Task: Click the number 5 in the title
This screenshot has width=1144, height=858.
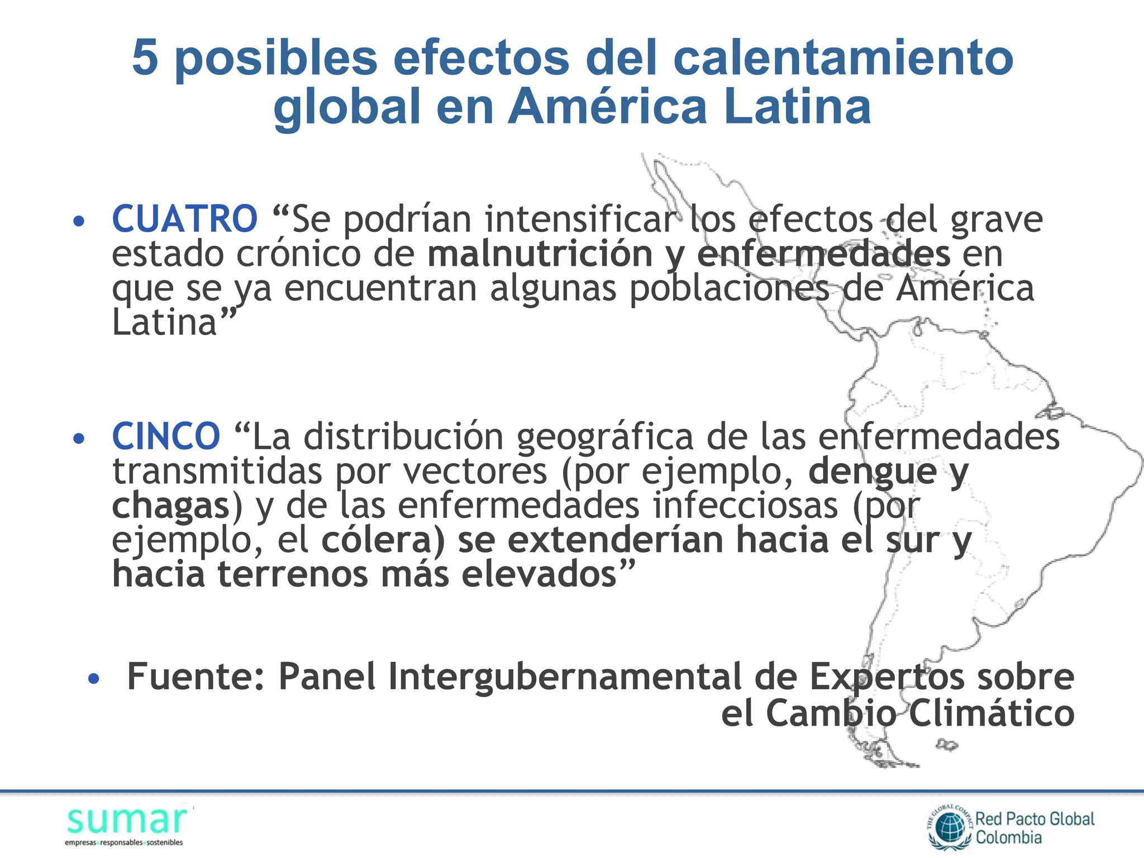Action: (x=145, y=58)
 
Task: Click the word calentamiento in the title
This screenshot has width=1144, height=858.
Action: (x=843, y=59)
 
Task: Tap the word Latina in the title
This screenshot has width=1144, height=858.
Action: (x=797, y=107)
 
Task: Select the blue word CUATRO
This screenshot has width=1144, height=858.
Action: (x=184, y=219)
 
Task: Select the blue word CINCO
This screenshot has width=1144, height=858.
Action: (x=166, y=436)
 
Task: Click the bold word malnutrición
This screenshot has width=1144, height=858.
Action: (x=540, y=254)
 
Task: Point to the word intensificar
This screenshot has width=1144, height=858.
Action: (x=580, y=219)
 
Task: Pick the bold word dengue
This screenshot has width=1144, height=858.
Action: (x=872, y=471)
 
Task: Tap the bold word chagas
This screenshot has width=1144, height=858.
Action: (x=170, y=506)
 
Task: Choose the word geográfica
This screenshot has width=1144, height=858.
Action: (x=604, y=437)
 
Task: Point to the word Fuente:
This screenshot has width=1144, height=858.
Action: (x=196, y=677)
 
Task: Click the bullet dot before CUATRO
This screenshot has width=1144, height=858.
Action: (x=79, y=221)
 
